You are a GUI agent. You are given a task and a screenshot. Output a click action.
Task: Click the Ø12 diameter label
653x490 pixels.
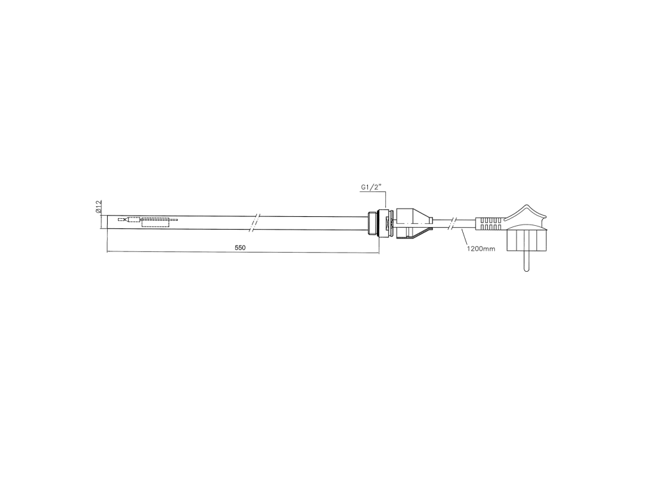coord(99,207)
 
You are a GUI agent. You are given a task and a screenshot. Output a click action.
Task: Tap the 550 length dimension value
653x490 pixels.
coord(240,248)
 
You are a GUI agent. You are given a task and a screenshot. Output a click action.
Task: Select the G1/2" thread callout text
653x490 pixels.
coord(371,188)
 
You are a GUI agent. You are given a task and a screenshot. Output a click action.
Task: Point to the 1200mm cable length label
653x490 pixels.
coord(481,249)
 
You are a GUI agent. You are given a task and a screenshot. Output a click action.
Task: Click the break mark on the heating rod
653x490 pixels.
coord(255,223)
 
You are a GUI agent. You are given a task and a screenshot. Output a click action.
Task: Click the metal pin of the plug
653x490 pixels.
coord(526,261)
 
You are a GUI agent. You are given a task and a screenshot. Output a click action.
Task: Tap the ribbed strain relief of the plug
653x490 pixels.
coord(490,224)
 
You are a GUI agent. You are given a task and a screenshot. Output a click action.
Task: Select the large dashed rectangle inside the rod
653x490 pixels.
coord(156,223)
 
